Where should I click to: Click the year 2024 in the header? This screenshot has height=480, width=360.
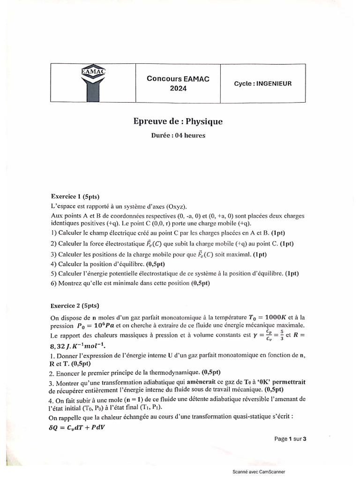[x=178, y=88]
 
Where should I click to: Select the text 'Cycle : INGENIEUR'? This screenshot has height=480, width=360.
[x=263, y=83]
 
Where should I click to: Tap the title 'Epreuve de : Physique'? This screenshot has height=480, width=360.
[x=178, y=122]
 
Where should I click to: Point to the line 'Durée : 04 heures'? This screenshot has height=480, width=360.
[x=178, y=136]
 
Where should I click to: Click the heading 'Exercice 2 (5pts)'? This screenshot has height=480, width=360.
[x=75, y=306]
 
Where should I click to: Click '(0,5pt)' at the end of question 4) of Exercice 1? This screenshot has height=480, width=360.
[x=154, y=263]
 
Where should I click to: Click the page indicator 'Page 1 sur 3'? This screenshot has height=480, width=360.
[x=290, y=439]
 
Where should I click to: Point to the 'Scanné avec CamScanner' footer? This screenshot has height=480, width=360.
[x=258, y=472]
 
